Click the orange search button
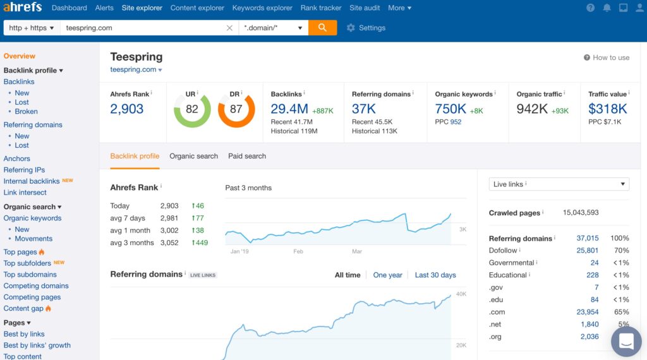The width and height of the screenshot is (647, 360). pos(322,28)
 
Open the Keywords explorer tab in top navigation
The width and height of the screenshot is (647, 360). pos(262,8)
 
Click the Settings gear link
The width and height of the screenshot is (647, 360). pos(366,28)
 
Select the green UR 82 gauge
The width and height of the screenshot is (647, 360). pos(192,109)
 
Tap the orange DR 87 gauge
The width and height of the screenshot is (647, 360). pos(236,109)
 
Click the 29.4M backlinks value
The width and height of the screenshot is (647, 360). pos(289,109)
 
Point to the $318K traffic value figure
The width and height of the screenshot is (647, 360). pos(607,109)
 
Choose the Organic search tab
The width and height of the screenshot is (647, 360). pos(193,156)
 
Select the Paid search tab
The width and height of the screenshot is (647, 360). pos(247,156)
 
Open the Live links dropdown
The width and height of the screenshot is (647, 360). pos(559,184)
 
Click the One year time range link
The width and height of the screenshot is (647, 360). pos(387,275)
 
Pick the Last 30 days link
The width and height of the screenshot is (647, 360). pos(435,275)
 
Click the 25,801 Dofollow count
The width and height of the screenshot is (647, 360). pos(587,251)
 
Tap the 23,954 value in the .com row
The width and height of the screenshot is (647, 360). pos(587,312)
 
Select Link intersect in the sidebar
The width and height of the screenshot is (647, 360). pos(25,193)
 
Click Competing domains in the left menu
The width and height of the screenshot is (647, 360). pos(36,286)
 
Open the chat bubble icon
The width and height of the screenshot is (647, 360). pos(626,342)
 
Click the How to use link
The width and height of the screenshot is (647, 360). pos(607,57)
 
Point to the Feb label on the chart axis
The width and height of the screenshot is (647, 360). pos(298,251)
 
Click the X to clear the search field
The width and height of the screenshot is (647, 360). pos(229,28)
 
